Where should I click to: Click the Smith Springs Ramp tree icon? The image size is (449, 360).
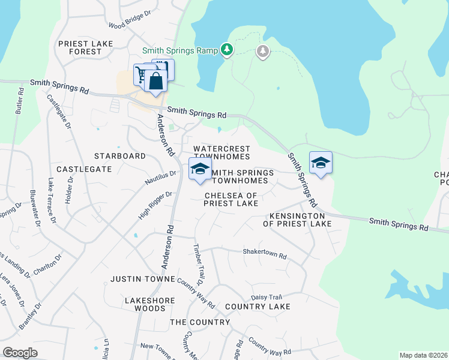[x=227, y=49]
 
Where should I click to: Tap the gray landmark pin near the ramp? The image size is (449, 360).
[x=262, y=52]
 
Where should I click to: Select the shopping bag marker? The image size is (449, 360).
[x=155, y=82]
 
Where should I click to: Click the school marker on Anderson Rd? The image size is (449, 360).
[x=200, y=169]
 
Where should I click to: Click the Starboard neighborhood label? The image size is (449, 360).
[x=120, y=156]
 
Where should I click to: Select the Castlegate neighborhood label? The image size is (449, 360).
[x=85, y=170]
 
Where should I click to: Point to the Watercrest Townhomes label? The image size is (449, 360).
[x=221, y=152]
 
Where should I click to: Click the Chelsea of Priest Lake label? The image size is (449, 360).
[x=231, y=200]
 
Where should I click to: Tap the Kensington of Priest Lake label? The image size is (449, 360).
[x=297, y=220]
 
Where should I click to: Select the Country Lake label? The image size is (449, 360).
[x=258, y=307]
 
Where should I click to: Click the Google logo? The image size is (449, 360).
[x=20, y=353]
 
